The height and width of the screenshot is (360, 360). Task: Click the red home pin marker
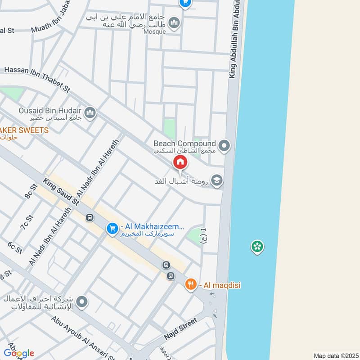(180, 162)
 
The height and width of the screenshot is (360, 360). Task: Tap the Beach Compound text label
(185, 144)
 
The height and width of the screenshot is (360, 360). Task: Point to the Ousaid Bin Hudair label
(50, 111)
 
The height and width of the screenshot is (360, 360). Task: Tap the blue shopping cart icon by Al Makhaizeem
(112, 229)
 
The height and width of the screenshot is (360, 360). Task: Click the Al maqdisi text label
(216, 284)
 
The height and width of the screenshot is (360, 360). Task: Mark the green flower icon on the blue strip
(257, 246)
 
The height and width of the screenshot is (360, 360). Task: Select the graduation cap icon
(217, 181)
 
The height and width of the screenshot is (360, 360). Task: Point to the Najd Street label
(180, 330)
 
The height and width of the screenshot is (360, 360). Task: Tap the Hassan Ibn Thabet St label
(37, 79)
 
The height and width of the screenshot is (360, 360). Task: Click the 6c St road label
(15, 248)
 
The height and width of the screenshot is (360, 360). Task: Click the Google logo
(19, 353)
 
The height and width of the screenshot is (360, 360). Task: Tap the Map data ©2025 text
(335, 355)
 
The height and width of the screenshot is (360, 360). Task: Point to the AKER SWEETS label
(24, 130)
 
